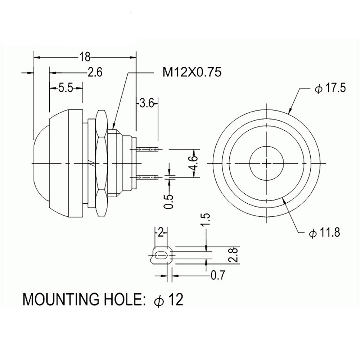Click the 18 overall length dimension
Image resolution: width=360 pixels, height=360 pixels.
85,57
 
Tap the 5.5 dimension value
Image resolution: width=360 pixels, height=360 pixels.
66,88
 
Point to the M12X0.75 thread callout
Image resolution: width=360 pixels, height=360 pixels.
192,72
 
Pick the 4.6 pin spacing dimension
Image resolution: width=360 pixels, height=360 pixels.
193,163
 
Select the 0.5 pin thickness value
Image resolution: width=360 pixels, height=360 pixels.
169,202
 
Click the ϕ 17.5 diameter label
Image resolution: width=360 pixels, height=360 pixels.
330,89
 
